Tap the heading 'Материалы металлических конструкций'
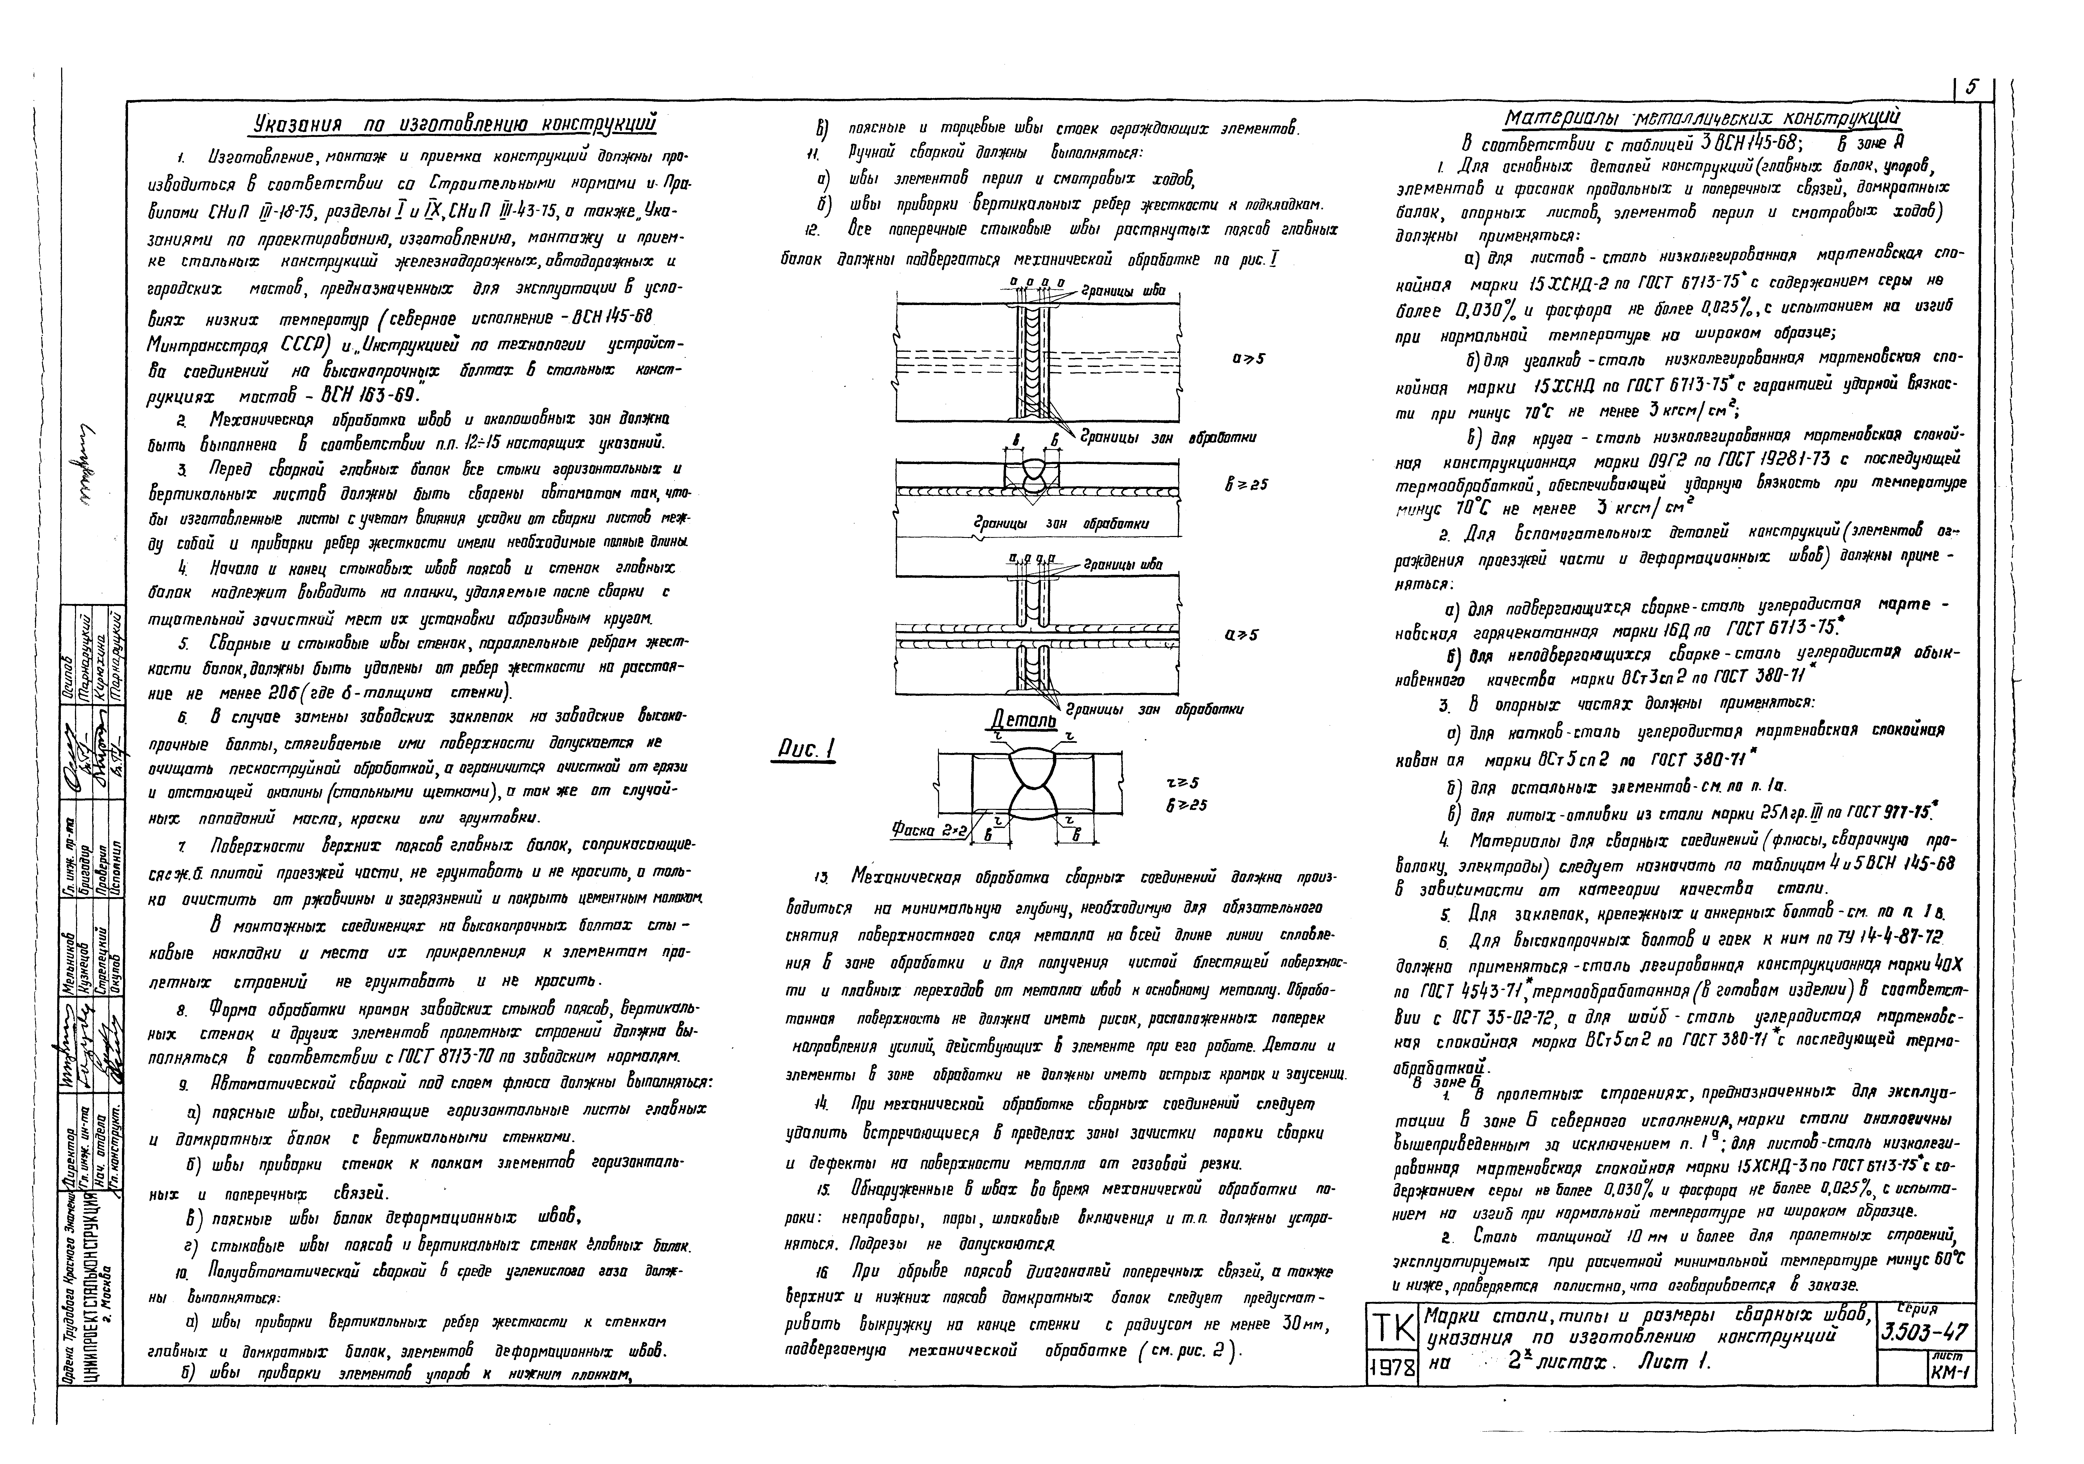1702,119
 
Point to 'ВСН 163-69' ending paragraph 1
362,397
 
